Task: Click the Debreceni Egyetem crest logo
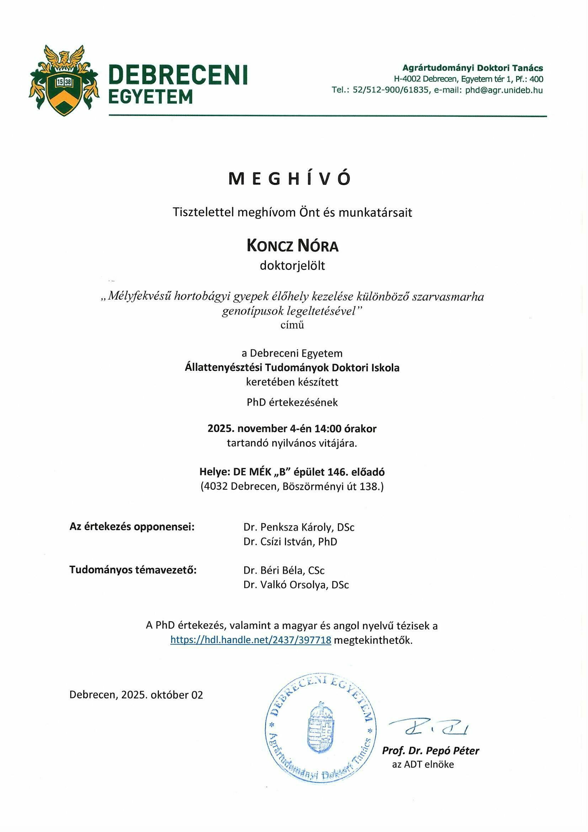point(64,80)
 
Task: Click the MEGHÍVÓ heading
point(289,179)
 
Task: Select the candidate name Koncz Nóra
point(293,246)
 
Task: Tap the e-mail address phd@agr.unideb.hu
point(504,90)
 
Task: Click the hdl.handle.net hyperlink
point(251,639)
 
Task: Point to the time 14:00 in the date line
point(328,429)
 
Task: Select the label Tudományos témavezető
point(133,570)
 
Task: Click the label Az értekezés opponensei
point(132,527)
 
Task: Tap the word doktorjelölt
point(293,265)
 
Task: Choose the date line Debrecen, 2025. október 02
point(136,695)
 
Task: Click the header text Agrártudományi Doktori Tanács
point(473,68)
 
